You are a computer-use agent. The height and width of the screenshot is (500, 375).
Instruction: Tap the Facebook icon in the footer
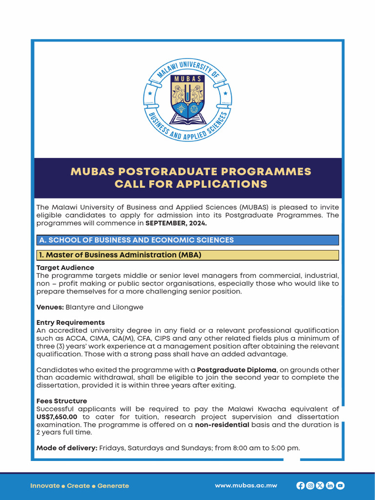(300, 485)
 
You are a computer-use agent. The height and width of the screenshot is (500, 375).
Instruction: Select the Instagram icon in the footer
(310, 485)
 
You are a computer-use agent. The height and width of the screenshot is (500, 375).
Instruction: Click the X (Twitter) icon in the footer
(320, 485)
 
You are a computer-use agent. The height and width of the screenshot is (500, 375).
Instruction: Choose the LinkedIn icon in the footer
(330, 485)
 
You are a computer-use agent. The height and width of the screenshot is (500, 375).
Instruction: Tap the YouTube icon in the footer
(340, 485)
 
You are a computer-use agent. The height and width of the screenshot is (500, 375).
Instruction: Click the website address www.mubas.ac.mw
(246, 485)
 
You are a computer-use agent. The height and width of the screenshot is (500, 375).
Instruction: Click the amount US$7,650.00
(57, 417)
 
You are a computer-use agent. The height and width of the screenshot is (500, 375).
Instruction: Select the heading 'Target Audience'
(65, 268)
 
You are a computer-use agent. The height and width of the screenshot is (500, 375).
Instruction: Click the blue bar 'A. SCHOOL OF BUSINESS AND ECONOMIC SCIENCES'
(187, 240)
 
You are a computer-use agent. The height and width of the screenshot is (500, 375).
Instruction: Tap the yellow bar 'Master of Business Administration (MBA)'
(187, 255)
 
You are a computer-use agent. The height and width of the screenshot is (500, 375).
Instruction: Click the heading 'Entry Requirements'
(70, 322)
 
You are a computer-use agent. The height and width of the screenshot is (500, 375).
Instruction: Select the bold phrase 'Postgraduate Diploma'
(236, 370)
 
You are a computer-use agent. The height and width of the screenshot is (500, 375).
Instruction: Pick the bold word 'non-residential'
(222, 425)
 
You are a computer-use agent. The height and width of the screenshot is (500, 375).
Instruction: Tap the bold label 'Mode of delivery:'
(66, 448)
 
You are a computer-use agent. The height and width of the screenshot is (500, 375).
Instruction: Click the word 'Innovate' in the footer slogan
(45, 486)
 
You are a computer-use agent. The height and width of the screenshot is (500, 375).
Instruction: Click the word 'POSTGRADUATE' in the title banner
(174, 172)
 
